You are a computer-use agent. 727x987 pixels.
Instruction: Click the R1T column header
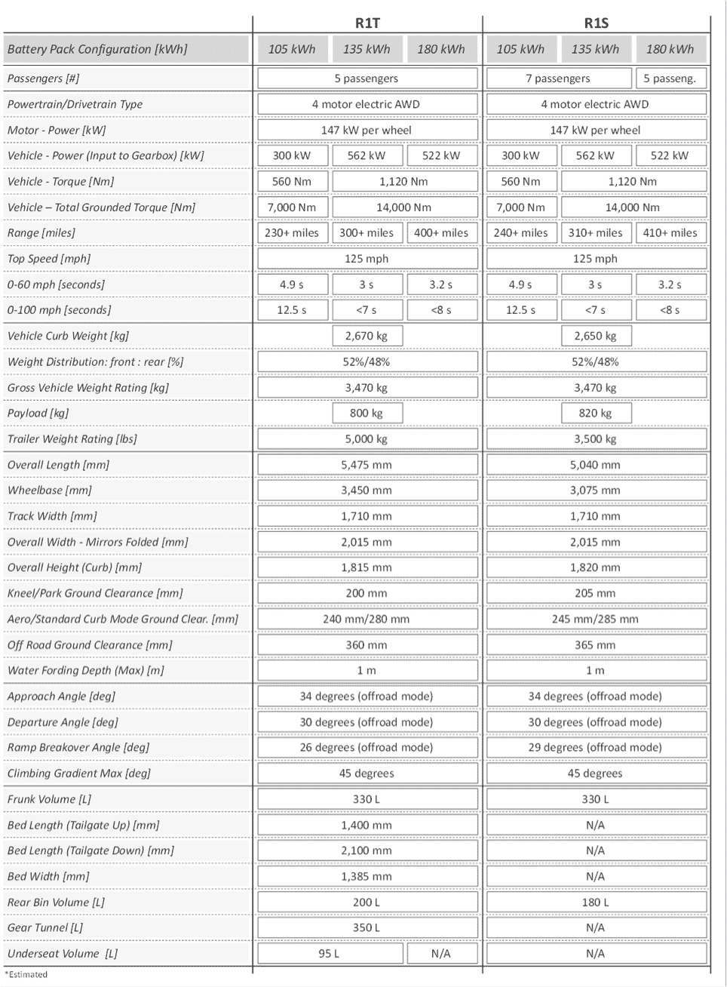367,23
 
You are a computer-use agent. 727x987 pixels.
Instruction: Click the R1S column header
596,23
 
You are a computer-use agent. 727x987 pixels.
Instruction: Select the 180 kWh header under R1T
441,49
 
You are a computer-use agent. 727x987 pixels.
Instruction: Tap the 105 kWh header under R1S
520,49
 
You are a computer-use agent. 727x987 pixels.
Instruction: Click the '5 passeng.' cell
670,78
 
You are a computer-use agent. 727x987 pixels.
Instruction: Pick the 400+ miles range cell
441,233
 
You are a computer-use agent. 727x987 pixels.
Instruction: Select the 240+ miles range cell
520,233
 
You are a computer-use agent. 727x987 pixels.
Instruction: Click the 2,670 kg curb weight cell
367,336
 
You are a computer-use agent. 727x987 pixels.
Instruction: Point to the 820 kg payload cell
595,414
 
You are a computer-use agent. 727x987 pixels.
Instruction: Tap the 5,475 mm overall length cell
367,465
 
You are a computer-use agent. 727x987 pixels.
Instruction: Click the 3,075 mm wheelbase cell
595,490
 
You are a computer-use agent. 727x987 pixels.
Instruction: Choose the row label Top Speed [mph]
49,259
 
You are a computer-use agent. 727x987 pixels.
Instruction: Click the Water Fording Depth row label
85,671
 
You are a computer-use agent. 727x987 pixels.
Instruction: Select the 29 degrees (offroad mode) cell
595,748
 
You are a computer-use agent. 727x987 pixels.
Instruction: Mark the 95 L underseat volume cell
329,954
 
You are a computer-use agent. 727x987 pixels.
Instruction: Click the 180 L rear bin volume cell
595,902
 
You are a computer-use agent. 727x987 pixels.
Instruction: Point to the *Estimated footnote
26,975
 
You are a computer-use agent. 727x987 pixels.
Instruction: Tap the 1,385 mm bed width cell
367,877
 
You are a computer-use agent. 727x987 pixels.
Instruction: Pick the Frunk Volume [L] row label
51,800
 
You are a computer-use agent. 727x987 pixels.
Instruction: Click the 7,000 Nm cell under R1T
292,208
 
